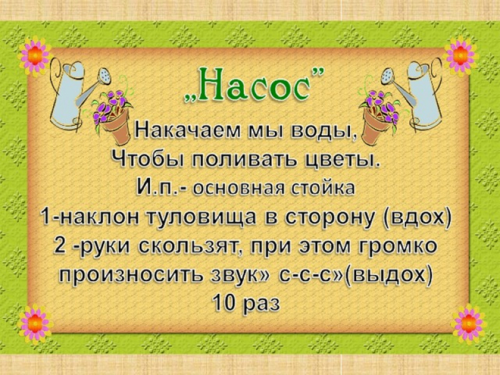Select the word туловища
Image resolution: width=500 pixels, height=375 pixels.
pyautogui.click(x=202, y=218)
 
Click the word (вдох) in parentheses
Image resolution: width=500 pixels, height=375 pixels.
pyautogui.click(x=417, y=218)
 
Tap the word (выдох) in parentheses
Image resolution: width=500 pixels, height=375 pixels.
pyautogui.click(x=389, y=275)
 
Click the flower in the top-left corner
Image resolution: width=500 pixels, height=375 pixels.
pyautogui.click(x=35, y=56)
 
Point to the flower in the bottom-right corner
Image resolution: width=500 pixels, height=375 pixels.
pyautogui.click(x=468, y=323)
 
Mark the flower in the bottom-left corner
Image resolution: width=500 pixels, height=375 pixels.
pyautogui.click(x=35, y=323)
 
